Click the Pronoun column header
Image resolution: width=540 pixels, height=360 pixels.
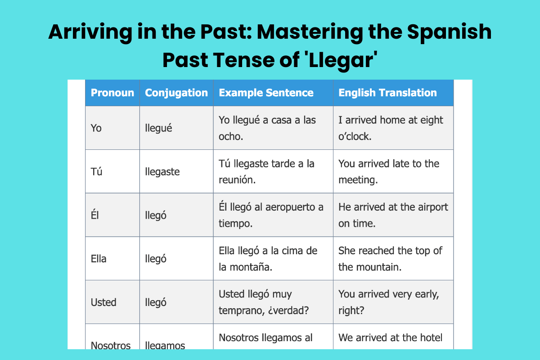pyautogui.click(x=112, y=93)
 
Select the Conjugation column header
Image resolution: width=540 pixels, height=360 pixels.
pyautogui.click(x=176, y=93)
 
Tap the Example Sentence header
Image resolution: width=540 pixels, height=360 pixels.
pyautogui.click(x=266, y=93)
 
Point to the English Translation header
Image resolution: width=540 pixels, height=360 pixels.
pyautogui.click(x=387, y=93)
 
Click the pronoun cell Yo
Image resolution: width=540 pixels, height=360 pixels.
pyautogui.click(x=96, y=128)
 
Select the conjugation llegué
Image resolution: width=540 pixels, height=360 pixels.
pyautogui.click(x=158, y=128)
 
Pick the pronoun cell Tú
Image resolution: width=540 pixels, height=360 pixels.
pyautogui.click(x=96, y=171)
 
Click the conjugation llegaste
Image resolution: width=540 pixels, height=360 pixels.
pyautogui.click(x=162, y=172)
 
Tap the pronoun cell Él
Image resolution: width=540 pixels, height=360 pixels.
pyautogui.click(x=94, y=215)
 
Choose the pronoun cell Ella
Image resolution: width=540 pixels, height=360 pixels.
pyautogui.click(x=99, y=259)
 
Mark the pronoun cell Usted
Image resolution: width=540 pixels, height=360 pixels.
pyautogui.click(x=103, y=302)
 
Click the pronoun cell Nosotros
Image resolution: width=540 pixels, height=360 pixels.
pyautogui.click(x=110, y=345)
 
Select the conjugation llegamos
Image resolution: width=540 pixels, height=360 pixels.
pyautogui.click(x=165, y=345)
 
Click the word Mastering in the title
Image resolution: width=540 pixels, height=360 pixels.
pyautogui.click(x=310, y=32)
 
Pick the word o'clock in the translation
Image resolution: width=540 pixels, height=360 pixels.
pyautogui.click(x=355, y=136)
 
